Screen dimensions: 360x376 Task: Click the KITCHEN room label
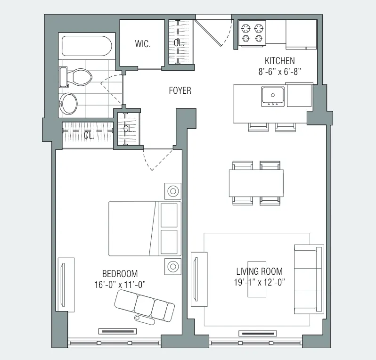click(x=279, y=61)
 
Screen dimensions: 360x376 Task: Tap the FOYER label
click(x=180, y=90)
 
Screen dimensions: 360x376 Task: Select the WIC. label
click(x=142, y=44)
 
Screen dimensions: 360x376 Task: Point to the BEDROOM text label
click(x=120, y=274)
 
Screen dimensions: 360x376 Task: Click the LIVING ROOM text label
click(x=259, y=271)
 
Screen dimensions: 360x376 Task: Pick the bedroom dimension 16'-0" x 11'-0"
click(x=120, y=284)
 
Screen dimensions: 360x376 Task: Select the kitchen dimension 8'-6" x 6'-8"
click(x=279, y=71)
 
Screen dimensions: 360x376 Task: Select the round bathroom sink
click(x=70, y=104)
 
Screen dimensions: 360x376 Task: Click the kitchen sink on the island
click(x=273, y=96)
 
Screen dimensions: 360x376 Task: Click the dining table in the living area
click(x=256, y=183)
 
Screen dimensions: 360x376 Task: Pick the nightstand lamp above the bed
click(x=173, y=191)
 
